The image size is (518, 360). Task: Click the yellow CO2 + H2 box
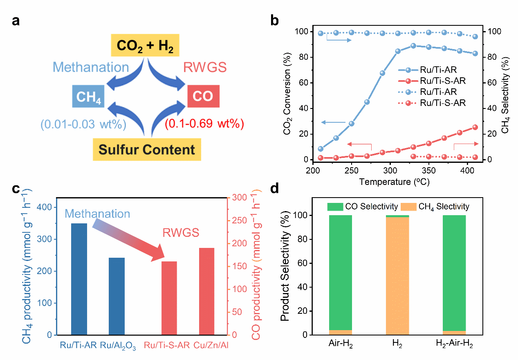pyautogui.click(x=145, y=45)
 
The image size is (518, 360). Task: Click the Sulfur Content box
pyautogui.click(x=147, y=149)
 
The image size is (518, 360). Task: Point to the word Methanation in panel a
pyautogui.click(x=91, y=67)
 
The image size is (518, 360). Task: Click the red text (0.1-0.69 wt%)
pyautogui.click(x=204, y=124)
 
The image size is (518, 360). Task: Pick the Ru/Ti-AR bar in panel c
pyautogui.click(x=79, y=279)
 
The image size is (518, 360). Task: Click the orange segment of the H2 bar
pyautogui.click(x=397, y=276)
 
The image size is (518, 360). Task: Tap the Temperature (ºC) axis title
pyautogui.click(x=395, y=181)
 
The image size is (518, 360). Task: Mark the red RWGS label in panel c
pyautogui.click(x=181, y=233)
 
